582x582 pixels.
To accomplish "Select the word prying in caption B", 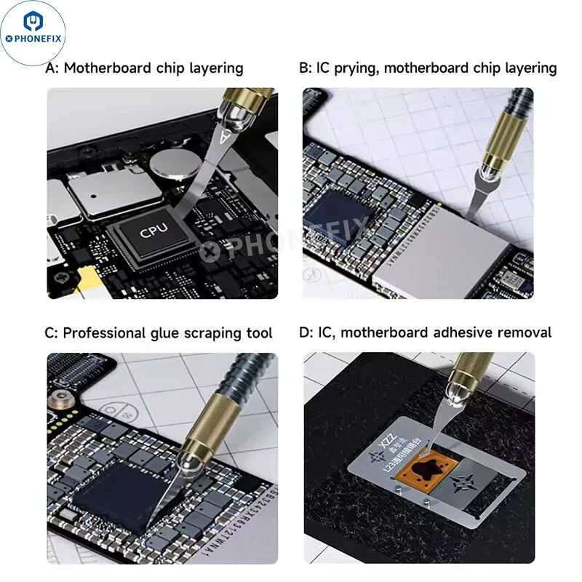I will (x=351, y=68).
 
